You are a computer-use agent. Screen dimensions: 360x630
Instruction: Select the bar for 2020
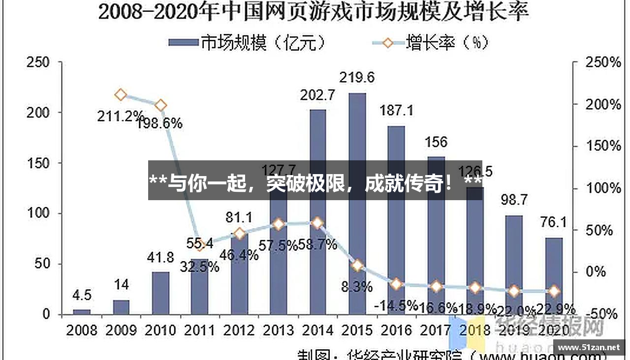[x=554, y=275]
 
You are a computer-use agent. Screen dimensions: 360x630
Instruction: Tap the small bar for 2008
[x=82, y=312]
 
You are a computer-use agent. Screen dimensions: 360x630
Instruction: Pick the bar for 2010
[x=160, y=293]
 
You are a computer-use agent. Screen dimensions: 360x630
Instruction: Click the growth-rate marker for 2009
[x=121, y=95]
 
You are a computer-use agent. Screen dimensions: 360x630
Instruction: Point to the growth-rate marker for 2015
[x=357, y=266]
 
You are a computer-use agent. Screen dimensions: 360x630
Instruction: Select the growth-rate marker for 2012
[x=239, y=234]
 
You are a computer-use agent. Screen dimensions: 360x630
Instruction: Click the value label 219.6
[x=357, y=77]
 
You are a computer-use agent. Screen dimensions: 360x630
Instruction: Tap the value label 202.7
[x=317, y=94]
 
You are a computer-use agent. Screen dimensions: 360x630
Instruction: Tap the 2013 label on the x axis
[x=279, y=330]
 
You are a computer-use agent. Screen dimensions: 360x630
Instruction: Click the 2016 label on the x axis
[x=396, y=330]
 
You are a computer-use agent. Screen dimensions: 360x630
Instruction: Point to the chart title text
[x=314, y=12]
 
